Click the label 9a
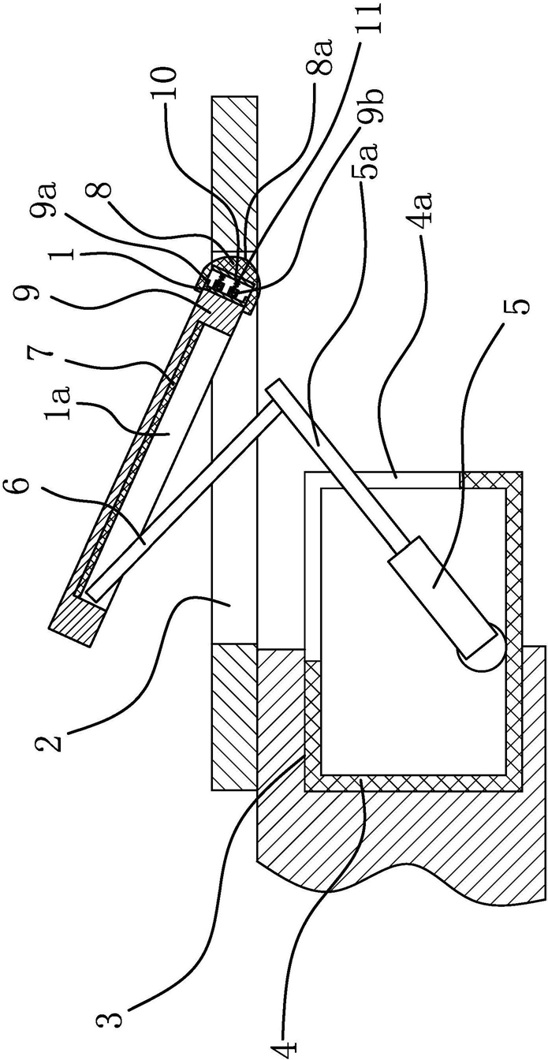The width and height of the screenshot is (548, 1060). pyautogui.click(x=49, y=200)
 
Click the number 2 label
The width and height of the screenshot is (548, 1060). pyautogui.click(x=49, y=741)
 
